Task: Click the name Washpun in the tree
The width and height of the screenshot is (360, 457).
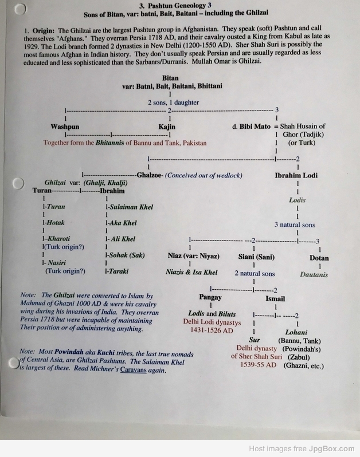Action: tap(65, 127)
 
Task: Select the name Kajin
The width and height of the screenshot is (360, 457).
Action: tap(167, 127)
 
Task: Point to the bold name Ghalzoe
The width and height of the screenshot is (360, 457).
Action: tap(149, 175)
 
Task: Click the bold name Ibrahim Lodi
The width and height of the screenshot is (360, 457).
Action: tap(296, 175)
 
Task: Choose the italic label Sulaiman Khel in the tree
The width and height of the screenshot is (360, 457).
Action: tap(131, 207)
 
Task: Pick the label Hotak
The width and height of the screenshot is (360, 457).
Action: tap(56, 223)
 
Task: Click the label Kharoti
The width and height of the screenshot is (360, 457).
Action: tap(58, 239)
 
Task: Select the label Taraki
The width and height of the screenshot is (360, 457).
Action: tap(119, 271)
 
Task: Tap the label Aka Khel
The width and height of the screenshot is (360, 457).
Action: tap(123, 223)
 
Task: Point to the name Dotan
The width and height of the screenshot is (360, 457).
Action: tap(319, 258)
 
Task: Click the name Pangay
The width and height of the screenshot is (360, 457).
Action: tap(210, 297)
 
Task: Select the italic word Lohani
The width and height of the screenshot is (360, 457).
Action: tap(296, 332)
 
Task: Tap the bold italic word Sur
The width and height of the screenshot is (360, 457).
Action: tap(255, 340)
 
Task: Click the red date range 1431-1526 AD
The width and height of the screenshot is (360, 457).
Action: tap(212, 330)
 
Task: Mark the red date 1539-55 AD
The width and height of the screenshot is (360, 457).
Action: tap(258, 365)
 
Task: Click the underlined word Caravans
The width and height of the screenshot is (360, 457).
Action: tap(134, 370)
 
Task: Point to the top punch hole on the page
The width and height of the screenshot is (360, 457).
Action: tap(20, 9)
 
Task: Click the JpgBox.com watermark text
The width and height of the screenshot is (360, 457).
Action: tap(332, 449)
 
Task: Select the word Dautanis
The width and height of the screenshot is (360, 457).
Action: tap(314, 274)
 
